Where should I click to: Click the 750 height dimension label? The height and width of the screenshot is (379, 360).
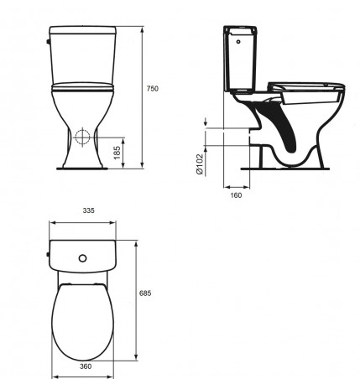[150, 88]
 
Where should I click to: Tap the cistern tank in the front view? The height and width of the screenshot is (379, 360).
[82, 55]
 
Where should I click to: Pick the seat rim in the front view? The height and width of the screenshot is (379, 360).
[82, 86]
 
